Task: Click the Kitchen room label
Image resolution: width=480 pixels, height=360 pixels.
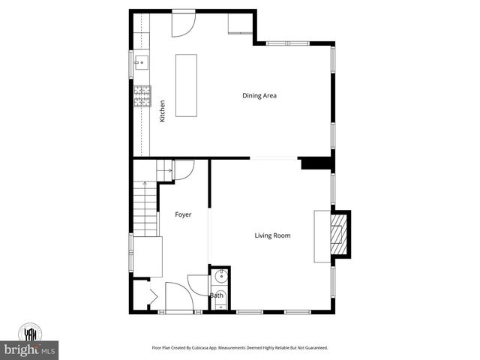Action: [162, 112]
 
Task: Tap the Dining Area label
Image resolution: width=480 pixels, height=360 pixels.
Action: [260, 95]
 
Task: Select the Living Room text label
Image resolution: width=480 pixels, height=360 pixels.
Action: [272, 235]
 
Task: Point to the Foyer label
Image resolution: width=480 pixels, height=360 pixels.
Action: [183, 214]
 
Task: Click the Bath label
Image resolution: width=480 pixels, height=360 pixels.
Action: [216, 295]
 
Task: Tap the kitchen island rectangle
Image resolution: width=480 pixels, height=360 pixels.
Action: [187, 85]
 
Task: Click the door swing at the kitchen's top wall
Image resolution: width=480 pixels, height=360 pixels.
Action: [182, 24]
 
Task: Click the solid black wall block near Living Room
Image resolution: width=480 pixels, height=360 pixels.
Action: [315, 163]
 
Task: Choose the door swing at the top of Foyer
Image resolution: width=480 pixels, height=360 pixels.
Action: [184, 169]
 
